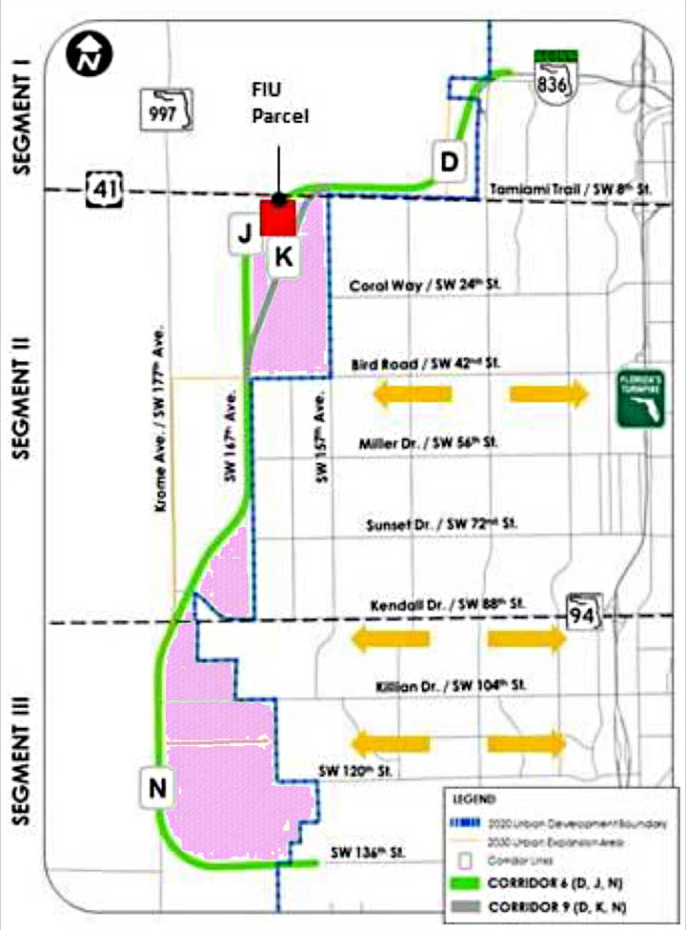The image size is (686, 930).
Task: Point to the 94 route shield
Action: coord(583,613)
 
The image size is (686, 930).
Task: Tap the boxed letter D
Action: coord(449,162)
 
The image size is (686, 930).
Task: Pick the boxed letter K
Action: coord(283,255)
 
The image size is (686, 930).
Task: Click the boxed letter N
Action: coord(158,787)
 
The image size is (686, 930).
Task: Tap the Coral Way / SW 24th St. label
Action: coord(424,285)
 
